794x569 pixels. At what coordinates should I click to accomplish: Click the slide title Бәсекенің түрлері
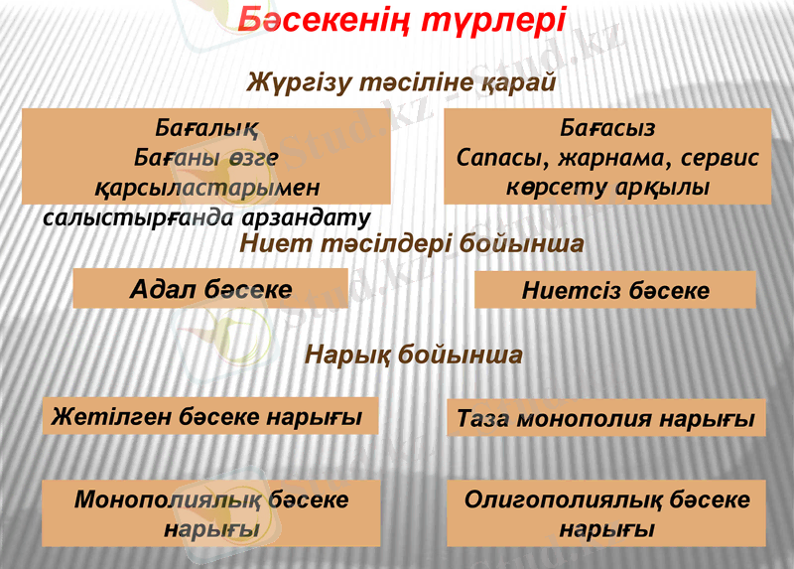click(403, 22)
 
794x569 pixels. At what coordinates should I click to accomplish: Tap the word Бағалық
click(206, 129)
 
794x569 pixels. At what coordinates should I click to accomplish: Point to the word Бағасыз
click(606, 129)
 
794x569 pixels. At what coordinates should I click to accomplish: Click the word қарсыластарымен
click(207, 187)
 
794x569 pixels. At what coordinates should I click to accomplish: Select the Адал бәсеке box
click(210, 289)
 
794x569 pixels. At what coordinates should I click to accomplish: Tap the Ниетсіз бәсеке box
click(615, 290)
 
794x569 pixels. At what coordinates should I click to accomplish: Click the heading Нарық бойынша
click(413, 355)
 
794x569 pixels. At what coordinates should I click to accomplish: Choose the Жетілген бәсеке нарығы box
click(210, 415)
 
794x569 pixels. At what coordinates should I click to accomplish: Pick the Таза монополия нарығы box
click(606, 418)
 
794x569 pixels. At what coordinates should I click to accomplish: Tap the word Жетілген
click(112, 415)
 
